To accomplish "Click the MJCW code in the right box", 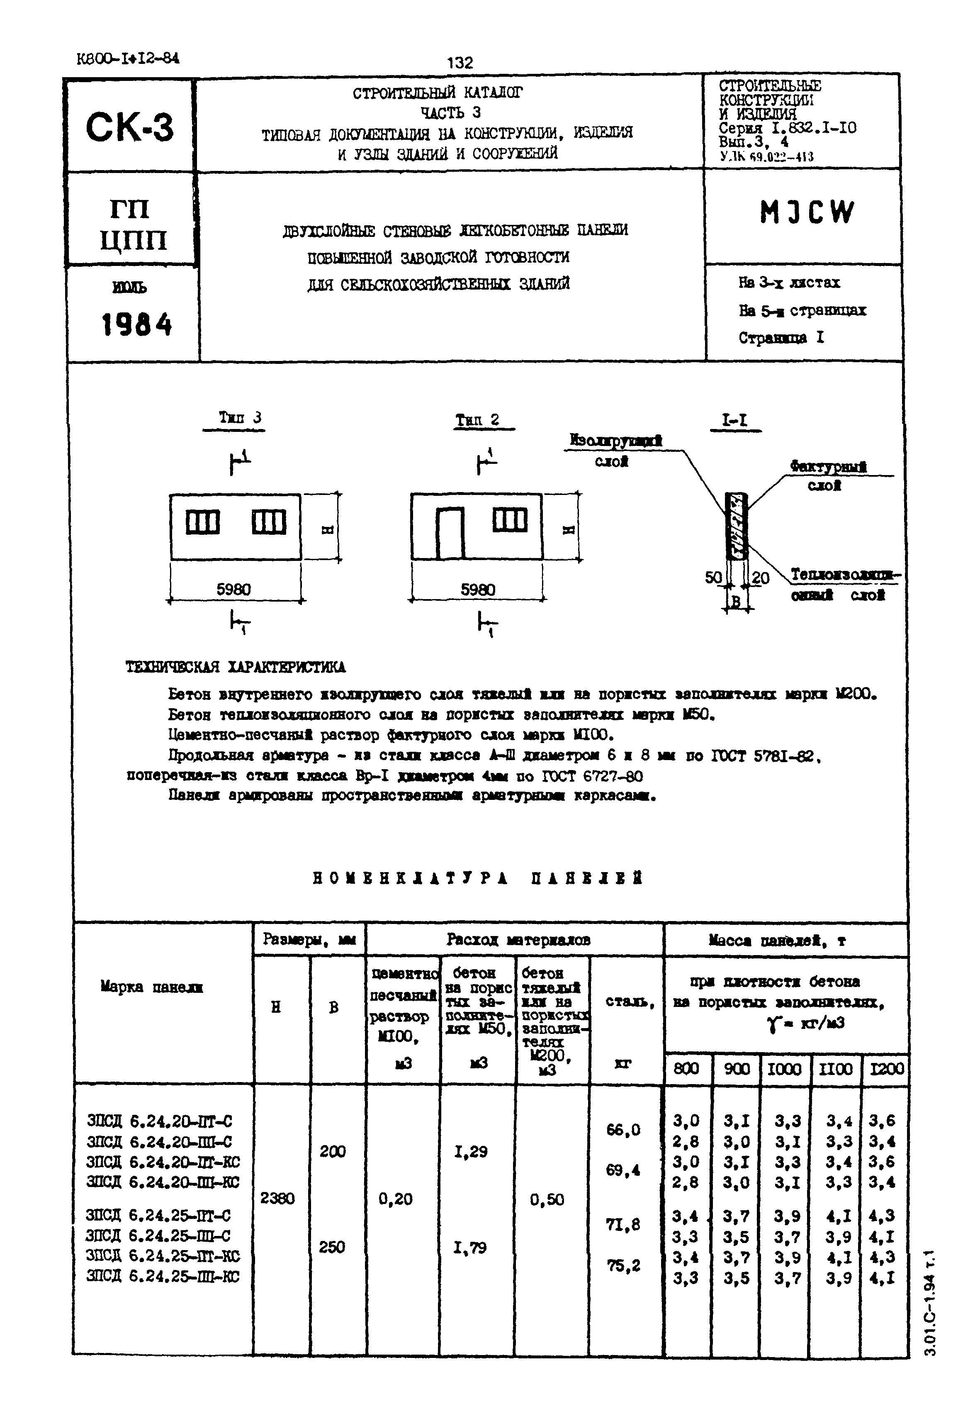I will click(807, 212).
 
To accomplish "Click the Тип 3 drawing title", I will click(240, 417).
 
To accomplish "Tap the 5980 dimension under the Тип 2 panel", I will click(478, 590).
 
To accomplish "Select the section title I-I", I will click(734, 420).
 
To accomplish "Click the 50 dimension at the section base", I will click(713, 577).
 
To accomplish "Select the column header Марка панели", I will click(152, 1004).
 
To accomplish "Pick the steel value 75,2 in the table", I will click(623, 1265).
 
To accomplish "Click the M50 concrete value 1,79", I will click(470, 1247).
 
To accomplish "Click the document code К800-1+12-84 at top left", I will click(128, 58).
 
